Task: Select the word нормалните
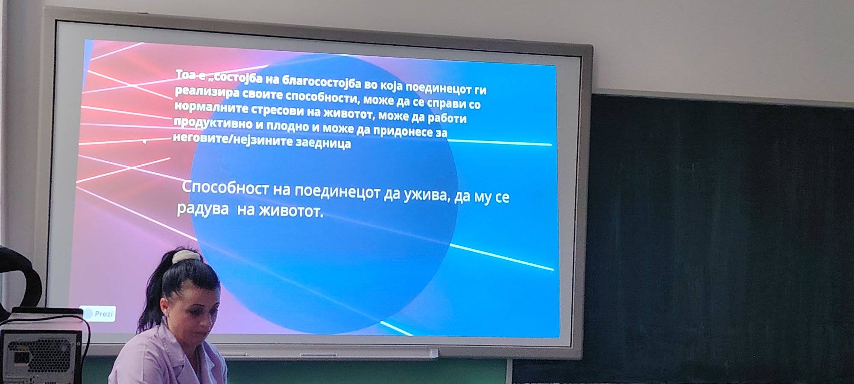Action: [x=211, y=107]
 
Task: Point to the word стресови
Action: [x=277, y=110]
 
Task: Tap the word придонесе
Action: [x=403, y=131]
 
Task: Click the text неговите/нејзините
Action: [x=233, y=139]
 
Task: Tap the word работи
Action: [x=447, y=118]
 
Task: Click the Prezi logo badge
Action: [x=98, y=314]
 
